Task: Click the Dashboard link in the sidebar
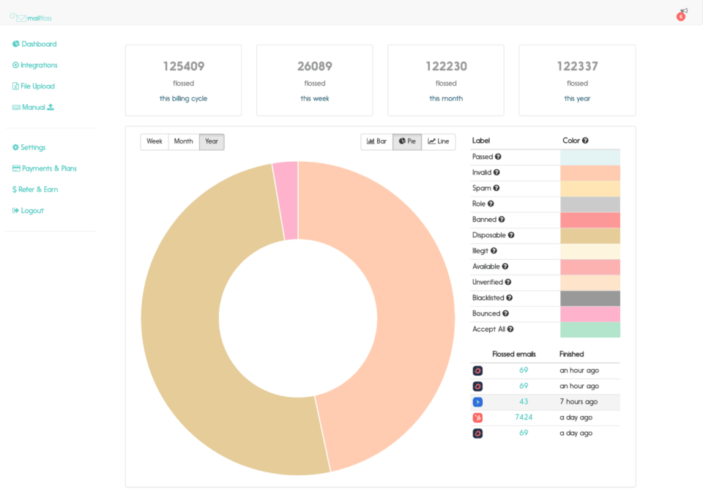click(38, 44)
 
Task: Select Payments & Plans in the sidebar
click(48, 168)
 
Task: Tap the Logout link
click(31, 211)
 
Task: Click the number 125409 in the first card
click(183, 66)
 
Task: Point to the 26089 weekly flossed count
click(314, 66)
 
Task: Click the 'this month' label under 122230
click(445, 99)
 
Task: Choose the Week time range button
click(155, 141)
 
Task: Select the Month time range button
click(183, 141)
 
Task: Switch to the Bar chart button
click(377, 141)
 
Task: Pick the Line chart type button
click(439, 141)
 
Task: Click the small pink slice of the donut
click(286, 200)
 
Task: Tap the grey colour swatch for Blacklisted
click(589, 298)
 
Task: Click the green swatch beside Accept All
click(589, 329)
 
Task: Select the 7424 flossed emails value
click(524, 417)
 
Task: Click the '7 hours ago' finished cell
click(579, 402)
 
